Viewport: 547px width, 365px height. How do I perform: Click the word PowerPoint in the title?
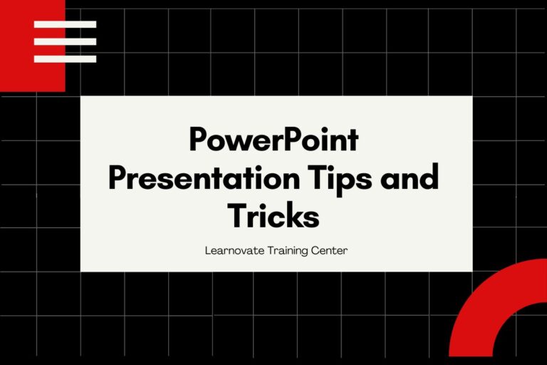coord(273,140)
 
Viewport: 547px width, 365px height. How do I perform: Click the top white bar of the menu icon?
coord(65,24)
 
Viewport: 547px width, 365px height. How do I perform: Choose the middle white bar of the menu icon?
coord(65,41)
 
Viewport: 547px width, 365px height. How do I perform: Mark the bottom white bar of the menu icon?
coord(65,58)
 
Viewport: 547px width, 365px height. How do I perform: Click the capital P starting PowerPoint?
coord(199,140)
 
